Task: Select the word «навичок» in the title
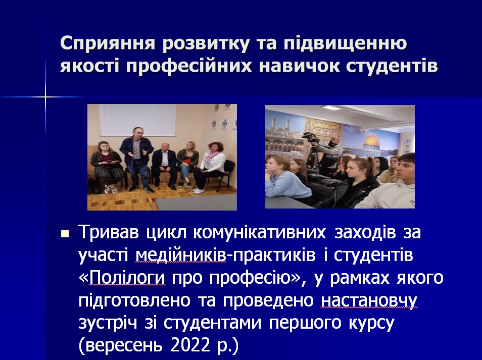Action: point(299,65)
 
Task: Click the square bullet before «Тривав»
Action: point(65,234)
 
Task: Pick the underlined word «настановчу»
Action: point(369,300)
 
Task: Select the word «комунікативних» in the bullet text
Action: point(260,233)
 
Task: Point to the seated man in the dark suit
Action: point(165,166)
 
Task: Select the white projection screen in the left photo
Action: point(138,120)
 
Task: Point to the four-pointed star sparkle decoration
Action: point(45,97)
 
